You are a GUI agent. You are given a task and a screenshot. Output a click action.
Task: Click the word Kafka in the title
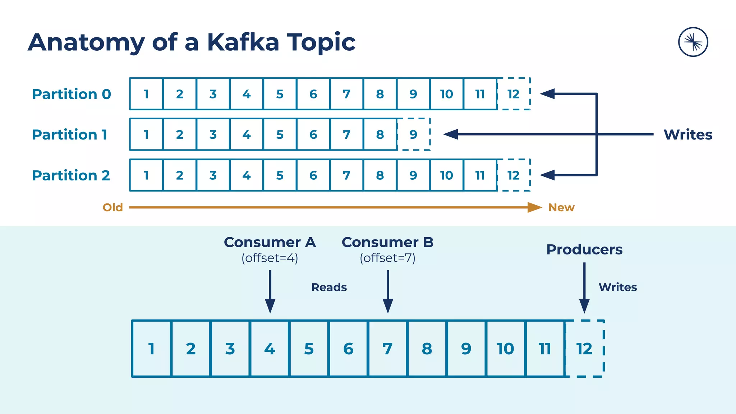coord(243,42)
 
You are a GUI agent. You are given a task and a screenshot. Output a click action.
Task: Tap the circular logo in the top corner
coord(693,42)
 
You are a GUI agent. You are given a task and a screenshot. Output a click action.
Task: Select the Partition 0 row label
coord(72,94)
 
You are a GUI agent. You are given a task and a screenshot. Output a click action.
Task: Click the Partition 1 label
coord(70,135)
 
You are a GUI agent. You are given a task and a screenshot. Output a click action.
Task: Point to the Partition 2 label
coord(71,175)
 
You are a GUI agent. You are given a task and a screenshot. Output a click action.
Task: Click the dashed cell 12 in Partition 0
coord(514,94)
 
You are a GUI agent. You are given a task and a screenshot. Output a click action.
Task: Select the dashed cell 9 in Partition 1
coord(413,134)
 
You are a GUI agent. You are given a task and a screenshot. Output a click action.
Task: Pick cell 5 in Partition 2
coord(280,175)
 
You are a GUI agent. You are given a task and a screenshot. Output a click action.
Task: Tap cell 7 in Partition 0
coord(346,94)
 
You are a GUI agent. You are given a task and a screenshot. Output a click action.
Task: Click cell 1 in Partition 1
coord(146,134)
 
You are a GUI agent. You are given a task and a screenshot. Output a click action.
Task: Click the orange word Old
coord(112,207)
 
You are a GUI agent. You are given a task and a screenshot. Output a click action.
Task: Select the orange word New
coord(561,207)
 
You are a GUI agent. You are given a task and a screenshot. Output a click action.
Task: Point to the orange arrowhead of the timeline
coord(535,207)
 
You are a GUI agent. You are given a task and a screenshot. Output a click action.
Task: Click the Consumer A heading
coord(270,242)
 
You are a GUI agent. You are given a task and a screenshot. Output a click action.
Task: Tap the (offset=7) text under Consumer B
coord(387,258)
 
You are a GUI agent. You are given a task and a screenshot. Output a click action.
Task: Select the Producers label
coord(584,249)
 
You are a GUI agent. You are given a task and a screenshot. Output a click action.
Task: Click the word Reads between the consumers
coord(329,287)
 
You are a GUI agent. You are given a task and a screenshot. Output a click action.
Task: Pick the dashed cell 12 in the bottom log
coord(584,349)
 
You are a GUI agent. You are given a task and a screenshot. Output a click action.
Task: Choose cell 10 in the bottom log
coord(505,349)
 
